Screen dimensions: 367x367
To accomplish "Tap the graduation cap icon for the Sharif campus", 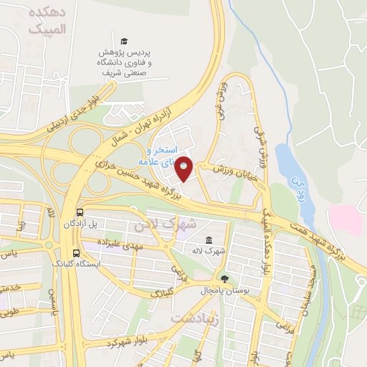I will (x=124, y=42).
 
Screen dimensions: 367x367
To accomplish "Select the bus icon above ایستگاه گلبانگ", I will (x=77, y=252).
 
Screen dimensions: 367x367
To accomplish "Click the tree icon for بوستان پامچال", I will (x=225, y=278).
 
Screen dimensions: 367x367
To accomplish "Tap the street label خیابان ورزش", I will (x=225, y=168).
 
